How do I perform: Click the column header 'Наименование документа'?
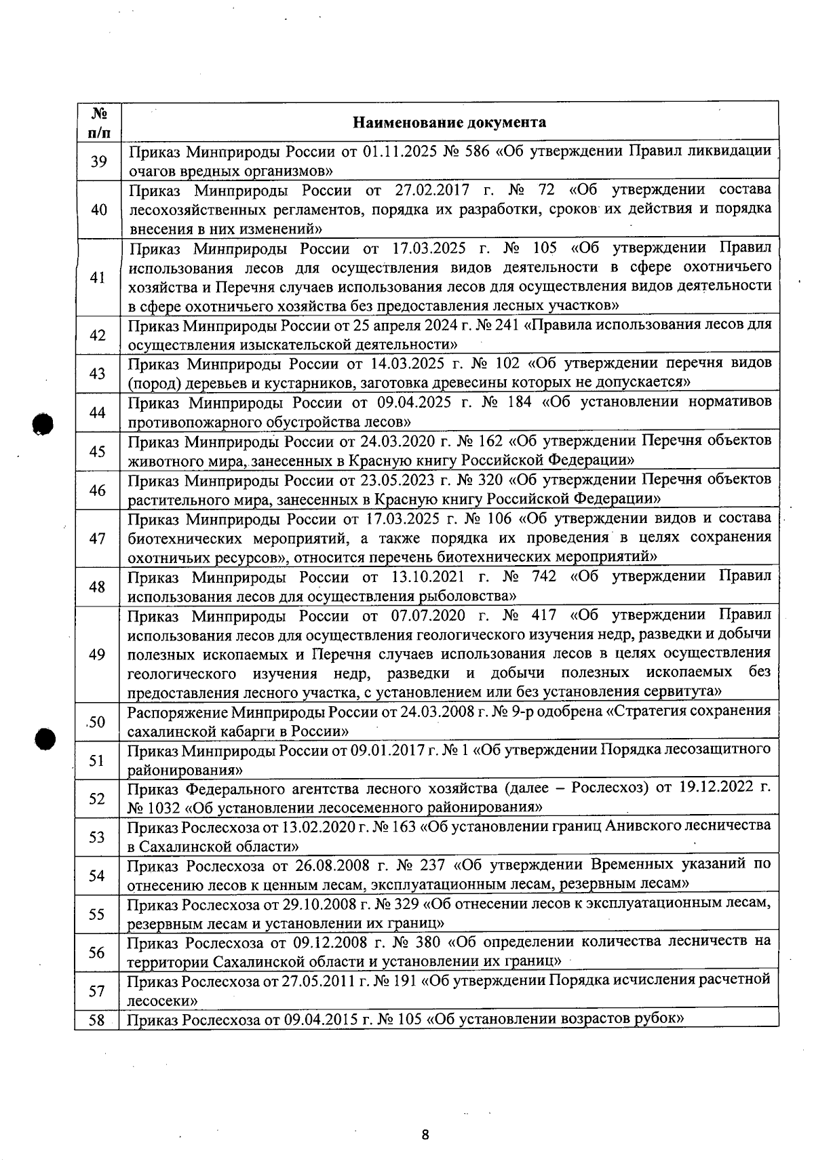pyautogui.click(x=449, y=123)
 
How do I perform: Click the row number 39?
pyautogui.click(x=98, y=161)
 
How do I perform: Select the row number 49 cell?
pyautogui.click(x=97, y=654)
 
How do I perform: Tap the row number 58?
pyautogui.click(x=97, y=1020)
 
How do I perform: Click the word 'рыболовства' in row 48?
pyautogui.click(x=469, y=596)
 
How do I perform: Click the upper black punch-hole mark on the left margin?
pyautogui.click(x=43, y=423)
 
